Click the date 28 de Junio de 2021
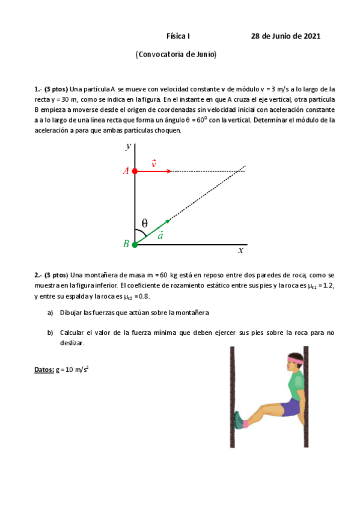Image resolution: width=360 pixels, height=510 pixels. [x=285, y=36]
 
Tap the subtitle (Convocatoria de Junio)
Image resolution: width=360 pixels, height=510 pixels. [x=175, y=54]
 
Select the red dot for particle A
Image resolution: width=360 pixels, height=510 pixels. [x=135, y=171]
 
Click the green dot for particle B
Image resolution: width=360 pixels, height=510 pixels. [x=135, y=244]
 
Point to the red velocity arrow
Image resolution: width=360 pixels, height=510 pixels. [x=153, y=171]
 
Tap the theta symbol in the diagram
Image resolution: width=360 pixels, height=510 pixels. [x=145, y=223]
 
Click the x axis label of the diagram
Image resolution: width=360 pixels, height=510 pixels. [x=240, y=250]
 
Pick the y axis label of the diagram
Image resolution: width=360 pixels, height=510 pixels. [x=129, y=146]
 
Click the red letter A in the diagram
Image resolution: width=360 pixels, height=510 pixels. [x=126, y=171]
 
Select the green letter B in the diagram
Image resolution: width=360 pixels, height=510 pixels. [x=126, y=244]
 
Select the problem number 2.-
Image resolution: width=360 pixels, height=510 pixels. [x=38, y=275]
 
